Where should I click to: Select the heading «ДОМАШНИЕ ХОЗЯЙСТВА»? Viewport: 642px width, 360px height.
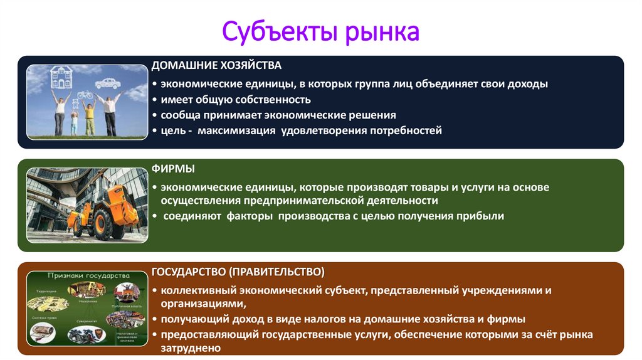point(217,65)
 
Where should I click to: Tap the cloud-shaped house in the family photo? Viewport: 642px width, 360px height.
point(61,77)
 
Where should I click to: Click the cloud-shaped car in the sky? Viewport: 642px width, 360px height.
point(108,83)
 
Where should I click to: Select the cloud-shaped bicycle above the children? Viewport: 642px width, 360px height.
point(84,96)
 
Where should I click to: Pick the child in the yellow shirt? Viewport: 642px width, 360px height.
point(88,117)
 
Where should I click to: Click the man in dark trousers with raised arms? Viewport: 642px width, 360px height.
point(110,113)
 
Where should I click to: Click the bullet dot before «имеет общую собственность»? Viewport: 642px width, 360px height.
point(154,100)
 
